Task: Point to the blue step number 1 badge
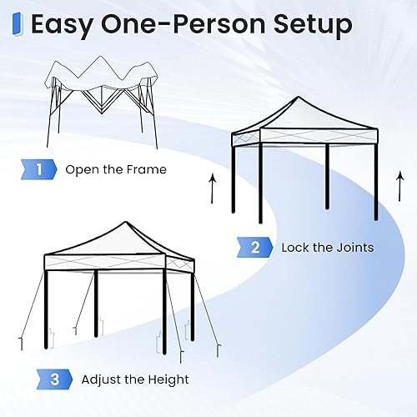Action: (39, 169)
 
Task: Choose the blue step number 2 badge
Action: (254, 247)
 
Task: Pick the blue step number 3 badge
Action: (54, 379)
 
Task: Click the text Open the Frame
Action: (116, 169)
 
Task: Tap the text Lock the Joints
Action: (327, 247)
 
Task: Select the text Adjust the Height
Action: (135, 379)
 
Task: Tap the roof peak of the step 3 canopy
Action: (125, 224)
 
